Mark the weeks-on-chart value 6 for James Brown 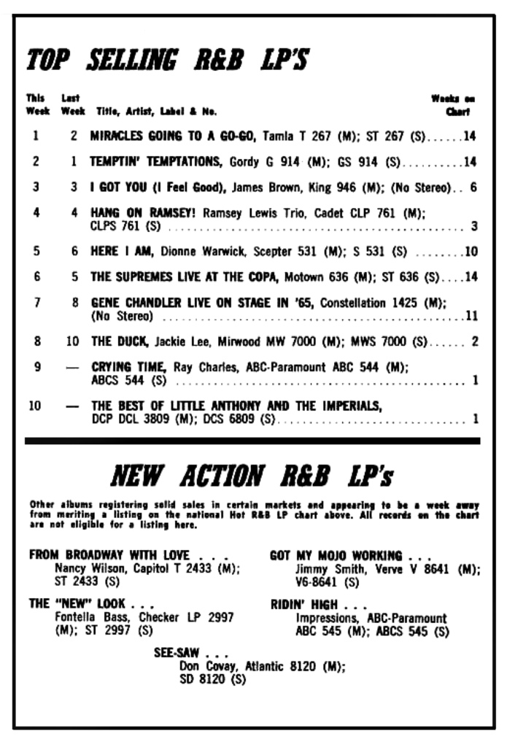(x=473, y=187)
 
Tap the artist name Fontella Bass (x=87, y=617)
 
